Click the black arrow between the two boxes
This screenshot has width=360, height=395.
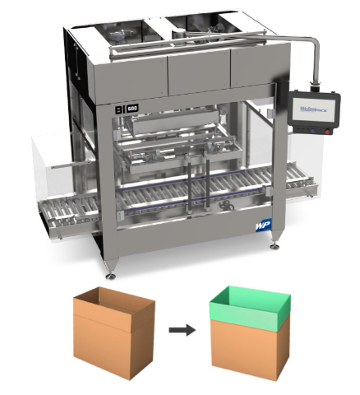pyautogui.click(x=182, y=331)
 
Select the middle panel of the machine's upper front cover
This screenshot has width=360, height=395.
pyautogui.click(x=196, y=72)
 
